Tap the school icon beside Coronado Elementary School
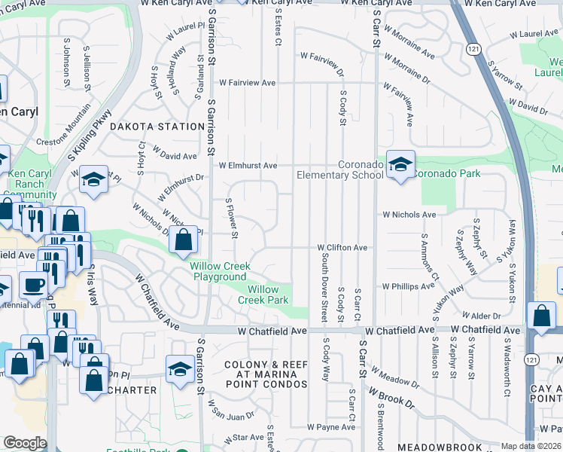[401, 164]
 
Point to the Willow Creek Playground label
[218, 272]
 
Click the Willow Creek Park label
[269, 295]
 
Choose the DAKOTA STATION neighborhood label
[157, 127]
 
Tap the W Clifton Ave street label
[342, 247]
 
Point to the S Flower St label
[233, 218]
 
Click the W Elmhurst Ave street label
[248, 166]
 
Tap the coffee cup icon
[33, 285]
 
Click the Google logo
[24, 443]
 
